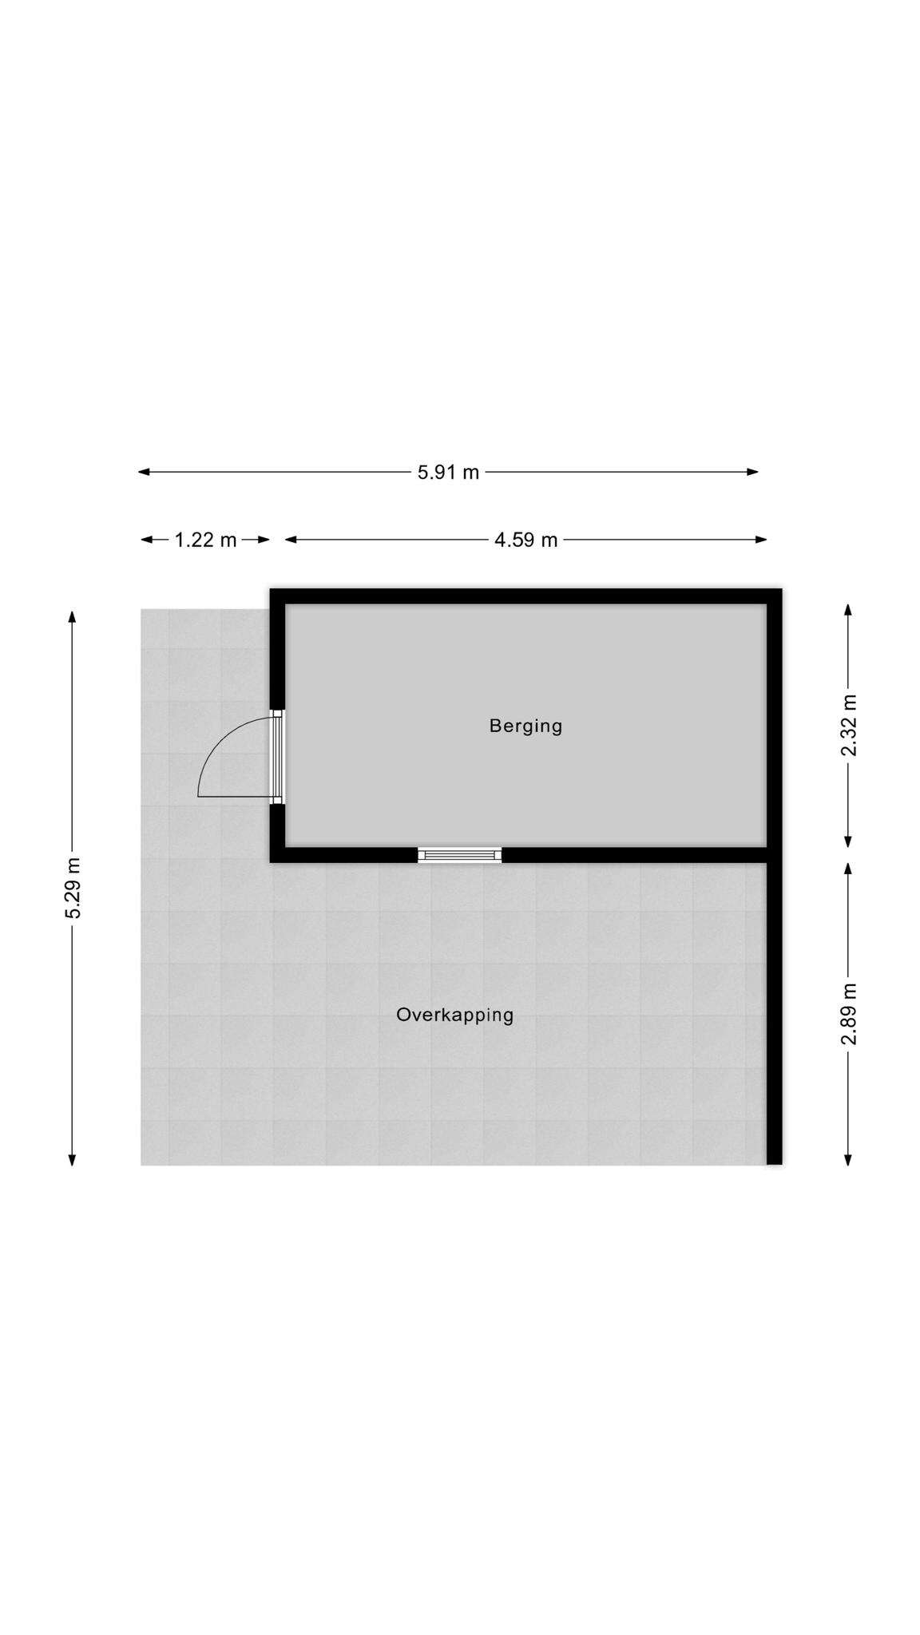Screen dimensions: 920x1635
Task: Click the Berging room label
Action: point(525,726)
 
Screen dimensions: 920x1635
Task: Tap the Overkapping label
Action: point(454,1015)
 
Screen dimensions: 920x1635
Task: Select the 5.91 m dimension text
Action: point(448,472)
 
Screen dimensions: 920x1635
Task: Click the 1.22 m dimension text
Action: point(205,540)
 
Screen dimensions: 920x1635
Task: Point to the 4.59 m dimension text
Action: point(525,540)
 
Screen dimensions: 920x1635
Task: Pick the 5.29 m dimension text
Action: point(73,888)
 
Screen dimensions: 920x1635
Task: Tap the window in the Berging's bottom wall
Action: point(460,855)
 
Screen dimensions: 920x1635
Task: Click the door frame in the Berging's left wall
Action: point(277,757)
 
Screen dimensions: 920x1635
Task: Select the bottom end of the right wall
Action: point(774,1164)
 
